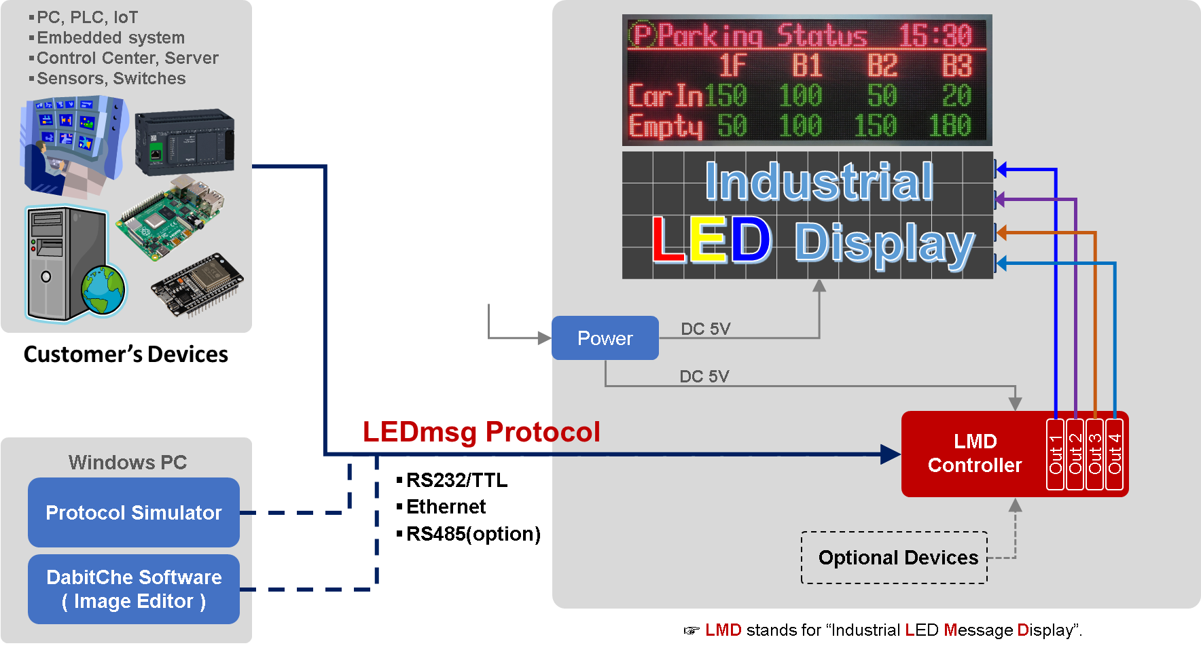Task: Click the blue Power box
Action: [605, 338]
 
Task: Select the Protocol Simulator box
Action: [134, 513]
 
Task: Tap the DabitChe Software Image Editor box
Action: [134, 589]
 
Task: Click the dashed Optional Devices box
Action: [894, 558]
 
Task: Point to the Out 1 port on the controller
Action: [1055, 454]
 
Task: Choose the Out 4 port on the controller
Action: [1115, 454]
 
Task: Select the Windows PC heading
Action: [128, 463]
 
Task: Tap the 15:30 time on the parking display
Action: [935, 35]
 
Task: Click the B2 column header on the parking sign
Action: [882, 66]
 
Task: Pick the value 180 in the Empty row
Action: [950, 126]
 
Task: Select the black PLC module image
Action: [184, 143]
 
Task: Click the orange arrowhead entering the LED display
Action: [1000, 232]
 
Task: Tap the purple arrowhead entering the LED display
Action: [1000, 200]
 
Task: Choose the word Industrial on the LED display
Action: [819, 182]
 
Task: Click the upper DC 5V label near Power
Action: [705, 329]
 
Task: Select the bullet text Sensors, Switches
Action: [111, 79]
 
